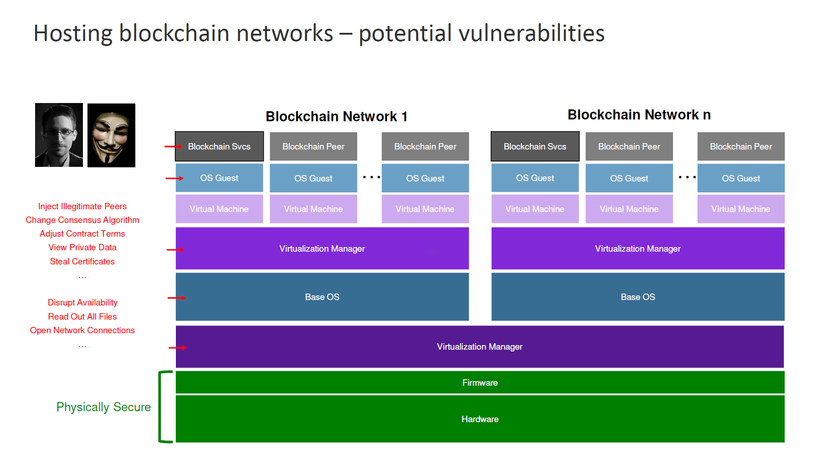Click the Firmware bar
[x=480, y=382]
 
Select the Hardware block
[x=480, y=419]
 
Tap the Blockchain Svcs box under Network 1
[x=219, y=146]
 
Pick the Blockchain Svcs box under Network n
[x=535, y=146]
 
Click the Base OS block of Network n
[x=638, y=297]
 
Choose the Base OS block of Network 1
[x=322, y=297]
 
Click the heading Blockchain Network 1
[x=336, y=117]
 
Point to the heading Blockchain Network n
[x=639, y=115]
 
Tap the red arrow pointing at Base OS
[x=176, y=298]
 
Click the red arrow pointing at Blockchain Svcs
[x=173, y=146]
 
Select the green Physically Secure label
[x=103, y=407]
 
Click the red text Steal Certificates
[x=82, y=261]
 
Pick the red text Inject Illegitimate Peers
[x=82, y=207]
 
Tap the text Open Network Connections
[x=82, y=330]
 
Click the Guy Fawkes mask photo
[x=111, y=135]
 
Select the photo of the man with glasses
[x=59, y=135]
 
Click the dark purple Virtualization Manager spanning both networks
[x=480, y=346]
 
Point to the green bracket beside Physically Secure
[x=160, y=407]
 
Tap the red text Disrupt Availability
[x=82, y=302]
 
